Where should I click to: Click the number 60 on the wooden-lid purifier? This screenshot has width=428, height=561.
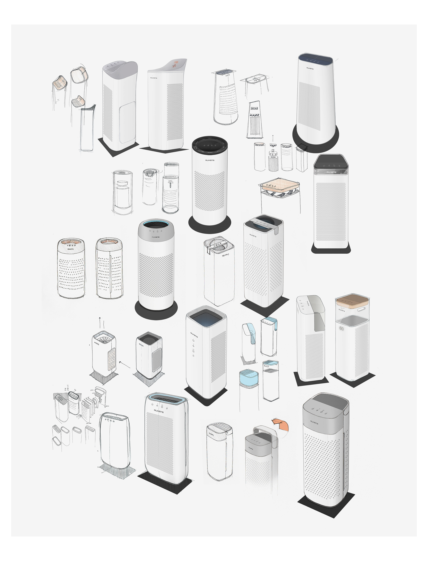point(341,329)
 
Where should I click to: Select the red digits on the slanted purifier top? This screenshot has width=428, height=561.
point(176,62)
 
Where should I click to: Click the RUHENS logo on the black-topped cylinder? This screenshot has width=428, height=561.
point(210,160)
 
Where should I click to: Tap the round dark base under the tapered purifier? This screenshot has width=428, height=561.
point(316,139)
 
